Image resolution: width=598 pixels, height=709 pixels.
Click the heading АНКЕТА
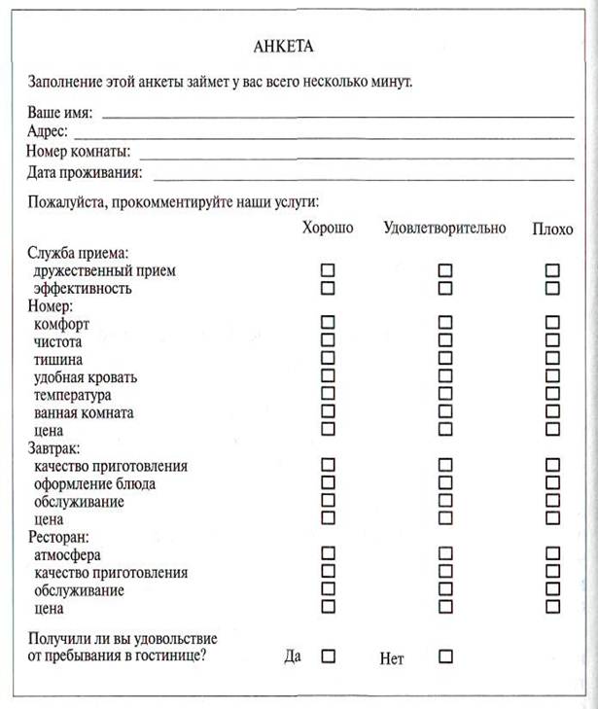(284, 46)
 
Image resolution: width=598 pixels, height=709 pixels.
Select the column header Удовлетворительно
(444, 228)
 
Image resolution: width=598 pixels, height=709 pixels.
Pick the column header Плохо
(552, 230)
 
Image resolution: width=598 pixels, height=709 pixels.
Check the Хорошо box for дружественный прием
(328, 270)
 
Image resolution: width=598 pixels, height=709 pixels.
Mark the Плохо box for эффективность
(552, 288)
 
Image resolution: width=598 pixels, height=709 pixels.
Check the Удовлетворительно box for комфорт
(445, 322)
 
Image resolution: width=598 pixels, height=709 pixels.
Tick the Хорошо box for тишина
(328, 358)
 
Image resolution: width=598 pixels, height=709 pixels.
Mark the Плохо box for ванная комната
(552, 411)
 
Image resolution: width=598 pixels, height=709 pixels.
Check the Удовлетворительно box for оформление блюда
(445, 482)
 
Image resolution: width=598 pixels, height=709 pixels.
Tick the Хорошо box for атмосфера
(328, 553)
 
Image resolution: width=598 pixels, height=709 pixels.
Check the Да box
(328, 656)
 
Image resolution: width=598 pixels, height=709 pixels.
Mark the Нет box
(445, 656)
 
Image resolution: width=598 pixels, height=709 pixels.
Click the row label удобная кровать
(85, 377)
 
